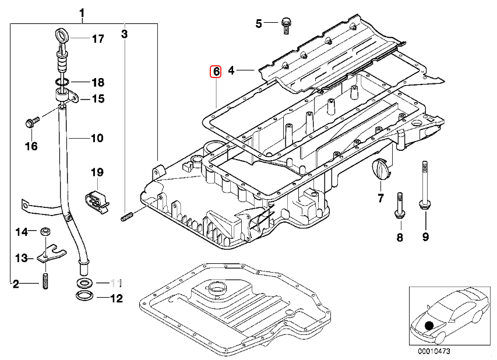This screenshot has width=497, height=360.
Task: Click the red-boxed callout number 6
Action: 215,72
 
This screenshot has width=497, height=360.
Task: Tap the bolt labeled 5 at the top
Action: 285,23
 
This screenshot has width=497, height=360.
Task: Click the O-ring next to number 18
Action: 62,82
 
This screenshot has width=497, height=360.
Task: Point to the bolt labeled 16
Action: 31,122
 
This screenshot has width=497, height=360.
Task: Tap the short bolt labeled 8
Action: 399,206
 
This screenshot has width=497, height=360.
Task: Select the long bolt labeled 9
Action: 424,186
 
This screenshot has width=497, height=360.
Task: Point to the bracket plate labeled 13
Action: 47,252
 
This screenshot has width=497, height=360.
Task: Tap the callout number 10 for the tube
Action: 96,139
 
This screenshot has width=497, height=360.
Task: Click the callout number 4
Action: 231,70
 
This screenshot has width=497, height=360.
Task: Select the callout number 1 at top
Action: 82,12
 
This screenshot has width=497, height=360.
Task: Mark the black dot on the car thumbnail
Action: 430,327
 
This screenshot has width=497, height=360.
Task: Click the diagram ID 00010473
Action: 432,352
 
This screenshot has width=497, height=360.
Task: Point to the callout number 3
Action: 124,34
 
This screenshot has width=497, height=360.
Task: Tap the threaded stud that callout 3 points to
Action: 128,218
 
